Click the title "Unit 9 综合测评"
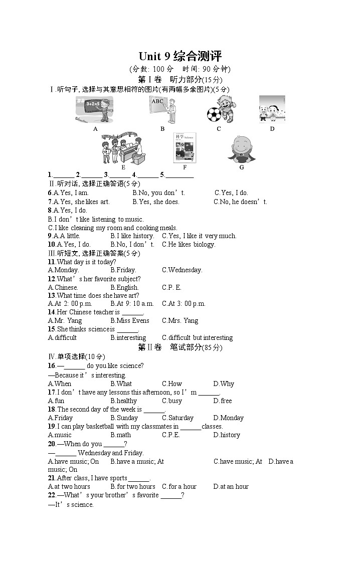180,56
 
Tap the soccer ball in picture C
214,114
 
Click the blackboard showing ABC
158,102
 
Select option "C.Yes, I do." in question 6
231,193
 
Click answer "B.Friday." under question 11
123,270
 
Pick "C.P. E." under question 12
171,288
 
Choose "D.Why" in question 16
224,384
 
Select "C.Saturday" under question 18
177,418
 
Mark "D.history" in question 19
227,435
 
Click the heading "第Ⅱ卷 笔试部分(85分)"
180,347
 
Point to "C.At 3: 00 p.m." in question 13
184,304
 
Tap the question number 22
51,495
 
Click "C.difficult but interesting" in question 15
197,338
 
